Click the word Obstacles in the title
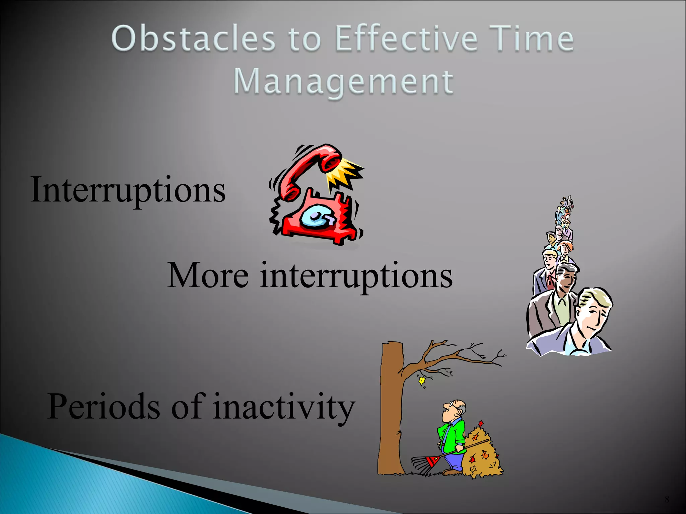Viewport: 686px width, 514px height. pyautogui.click(x=193, y=39)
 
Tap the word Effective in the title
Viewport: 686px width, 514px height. pyautogui.click(x=405, y=39)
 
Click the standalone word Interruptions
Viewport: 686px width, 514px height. pyautogui.click(x=128, y=190)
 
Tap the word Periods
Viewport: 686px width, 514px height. pyautogui.click(x=103, y=406)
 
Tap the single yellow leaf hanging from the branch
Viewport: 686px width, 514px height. pyautogui.click(x=421, y=381)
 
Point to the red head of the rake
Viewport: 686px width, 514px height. pyautogui.click(x=433, y=461)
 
